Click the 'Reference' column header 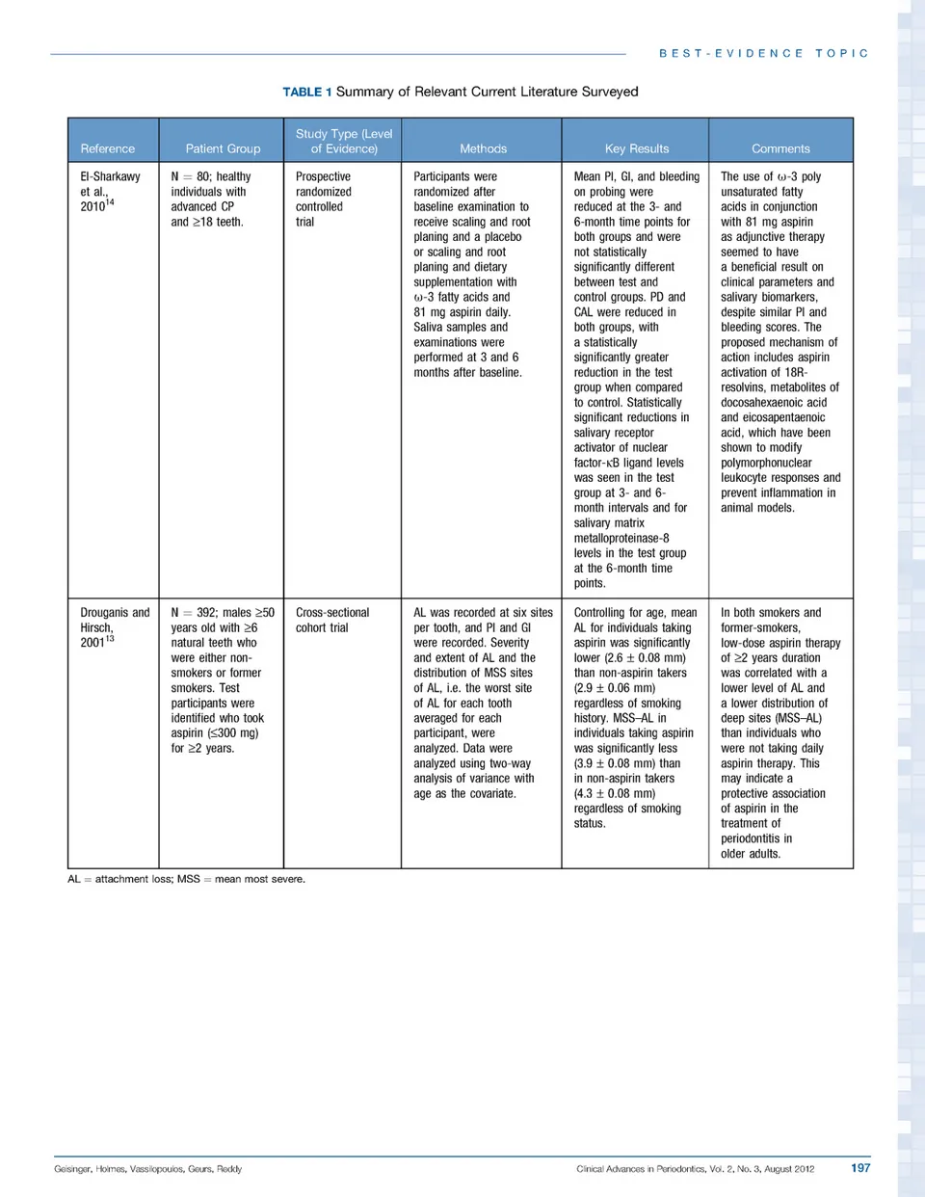point(108,148)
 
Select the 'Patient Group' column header point(223,148)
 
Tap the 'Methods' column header point(483,148)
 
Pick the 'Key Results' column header point(636,148)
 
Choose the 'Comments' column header point(780,148)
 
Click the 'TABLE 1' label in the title point(306,92)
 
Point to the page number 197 point(860,1168)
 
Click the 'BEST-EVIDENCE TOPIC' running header point(764,54)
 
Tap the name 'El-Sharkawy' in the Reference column point(110,176)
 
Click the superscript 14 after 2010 point(110,202)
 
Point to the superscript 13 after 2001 point(110,638)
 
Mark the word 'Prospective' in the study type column point(323,176)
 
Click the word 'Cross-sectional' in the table point(332,613)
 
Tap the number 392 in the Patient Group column point(206,613)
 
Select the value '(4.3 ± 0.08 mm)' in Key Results point(615,794)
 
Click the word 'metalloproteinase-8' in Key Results point(621,539)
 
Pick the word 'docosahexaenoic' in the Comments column point(774,403)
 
